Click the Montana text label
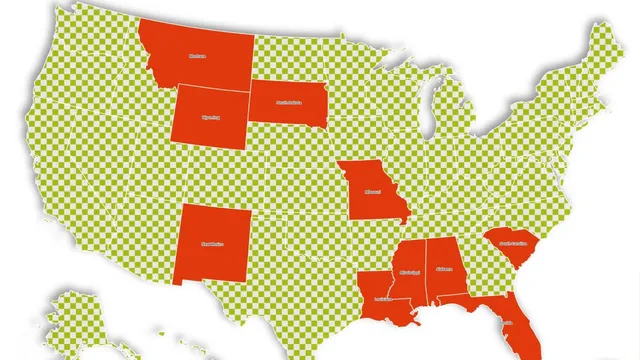[198, 57]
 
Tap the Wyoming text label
[210, 116]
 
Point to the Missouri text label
[372, 190]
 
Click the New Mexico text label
[213, 242]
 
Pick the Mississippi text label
[409, 272]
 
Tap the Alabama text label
[443, 268]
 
